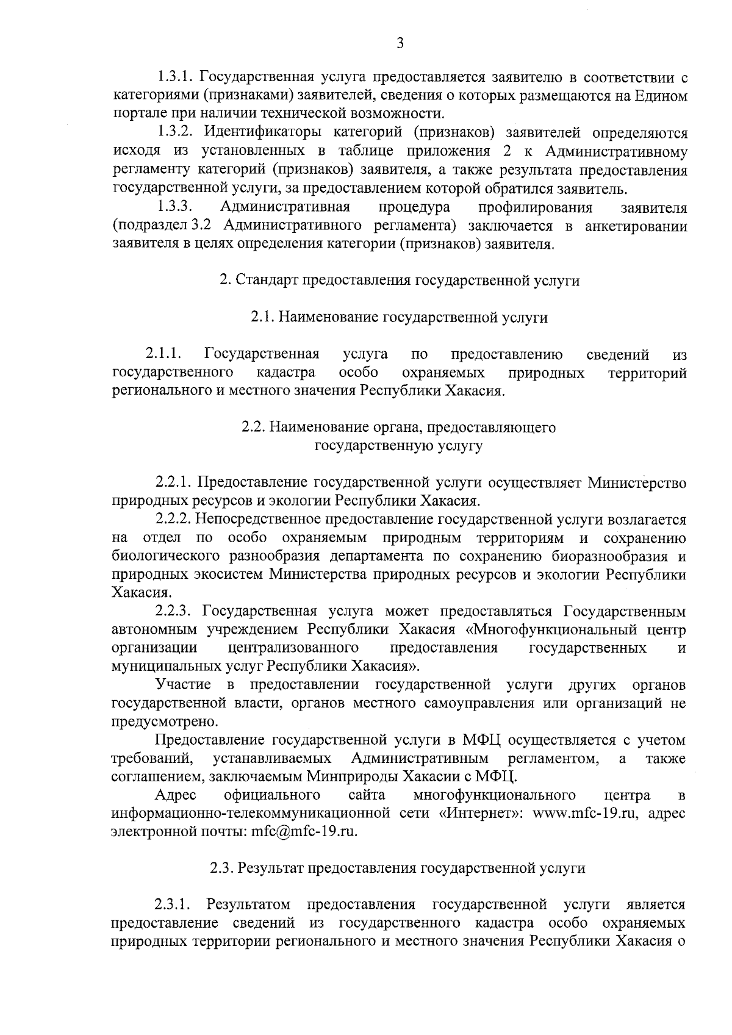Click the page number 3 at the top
click(x=400, y=43)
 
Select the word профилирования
click(x=535, y=207)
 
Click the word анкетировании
click(x=636, y=226)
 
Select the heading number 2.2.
click(x=252, y=428)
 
